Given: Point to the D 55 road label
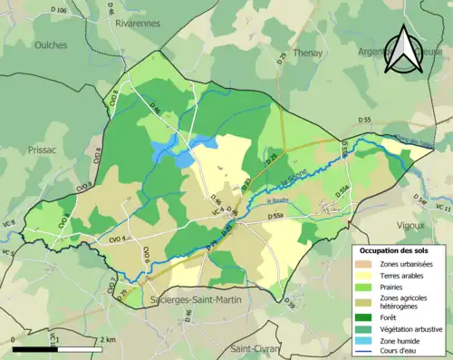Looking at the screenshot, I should tap(364, 120).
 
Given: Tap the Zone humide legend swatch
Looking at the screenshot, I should tap(366, 343).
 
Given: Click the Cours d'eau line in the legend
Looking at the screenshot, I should tap(366, 355).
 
